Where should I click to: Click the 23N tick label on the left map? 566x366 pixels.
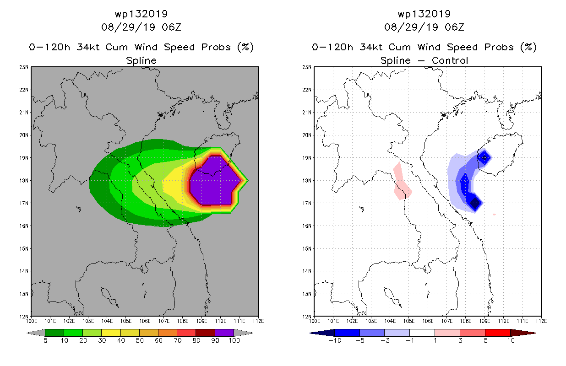24,67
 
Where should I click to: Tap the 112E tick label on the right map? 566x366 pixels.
541,321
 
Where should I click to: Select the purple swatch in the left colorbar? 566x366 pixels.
224,333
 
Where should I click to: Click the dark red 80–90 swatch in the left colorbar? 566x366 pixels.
206,333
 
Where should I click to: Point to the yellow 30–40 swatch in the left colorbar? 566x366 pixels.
111,333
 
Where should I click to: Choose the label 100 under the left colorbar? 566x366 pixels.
234,340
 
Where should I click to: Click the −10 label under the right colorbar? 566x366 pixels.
335,340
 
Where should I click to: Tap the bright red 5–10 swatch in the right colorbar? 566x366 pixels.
498,333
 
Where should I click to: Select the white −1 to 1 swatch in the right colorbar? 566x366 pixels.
422,333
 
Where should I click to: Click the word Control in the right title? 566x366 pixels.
450,60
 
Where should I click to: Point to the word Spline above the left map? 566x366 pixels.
141,61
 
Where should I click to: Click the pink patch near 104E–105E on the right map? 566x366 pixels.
402,181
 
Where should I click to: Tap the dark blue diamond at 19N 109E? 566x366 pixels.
484,158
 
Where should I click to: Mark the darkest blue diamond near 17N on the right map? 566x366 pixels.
475,203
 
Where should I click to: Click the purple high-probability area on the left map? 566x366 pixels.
215,180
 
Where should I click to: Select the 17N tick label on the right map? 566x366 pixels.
307,203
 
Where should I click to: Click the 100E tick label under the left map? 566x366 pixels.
31,321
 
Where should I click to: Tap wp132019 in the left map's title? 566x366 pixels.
141,14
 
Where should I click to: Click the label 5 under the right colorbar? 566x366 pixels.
485,340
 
